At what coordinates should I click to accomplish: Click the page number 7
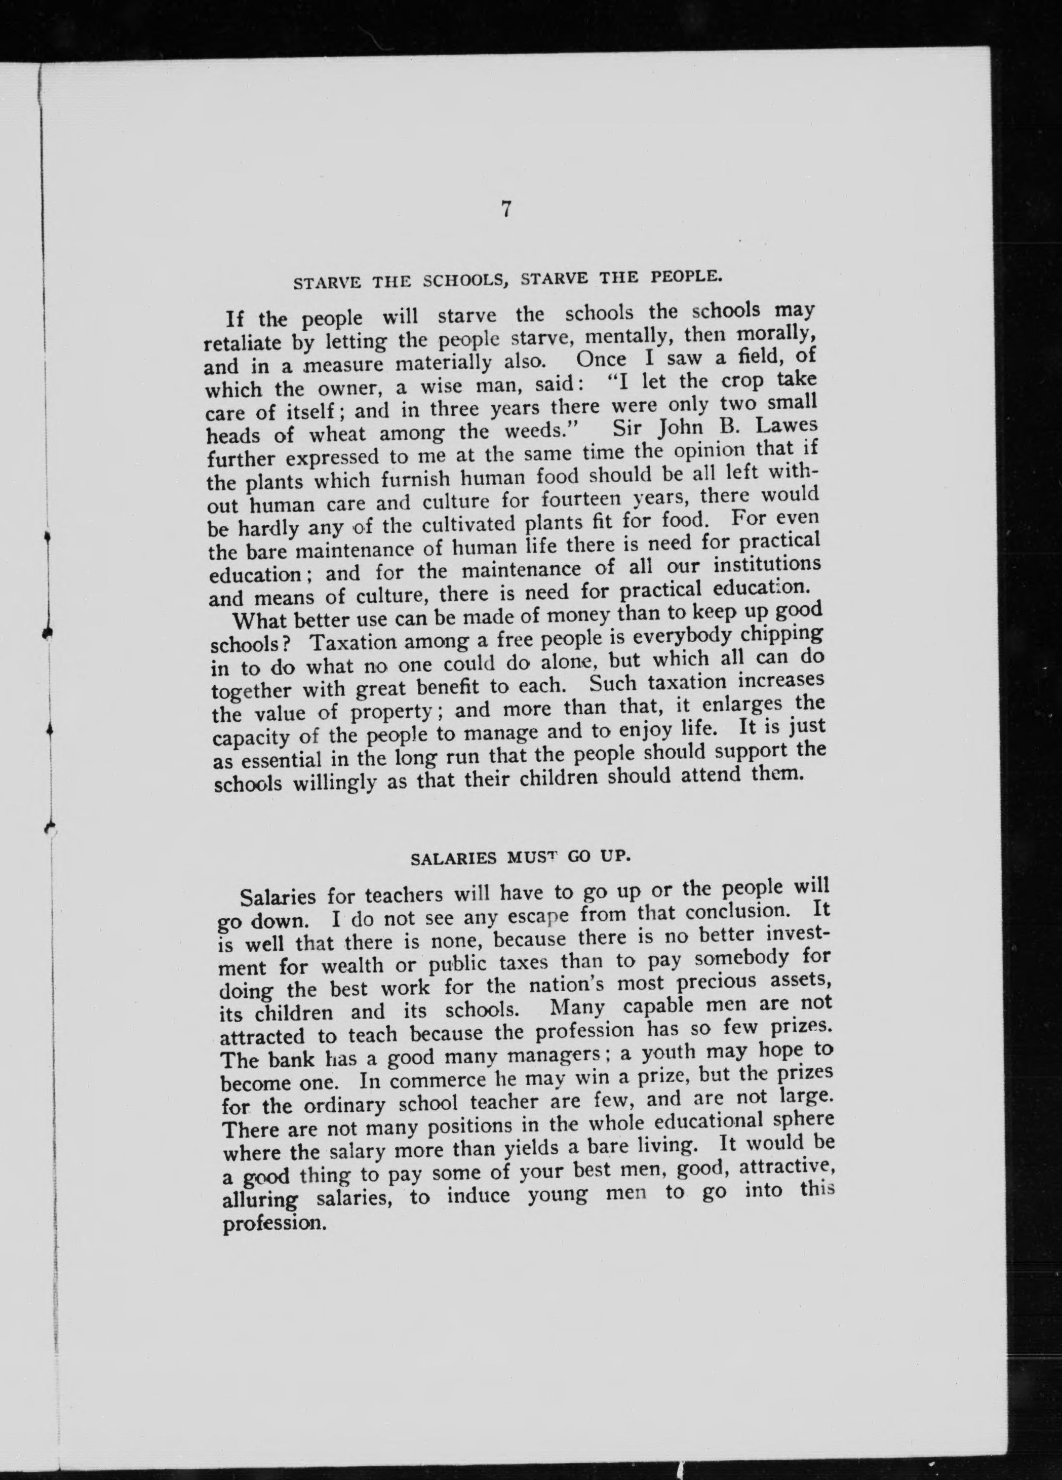(506, 210)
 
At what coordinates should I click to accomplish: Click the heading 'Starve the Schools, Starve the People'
(507, 281)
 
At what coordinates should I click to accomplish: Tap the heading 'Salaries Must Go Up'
(520, 858)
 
